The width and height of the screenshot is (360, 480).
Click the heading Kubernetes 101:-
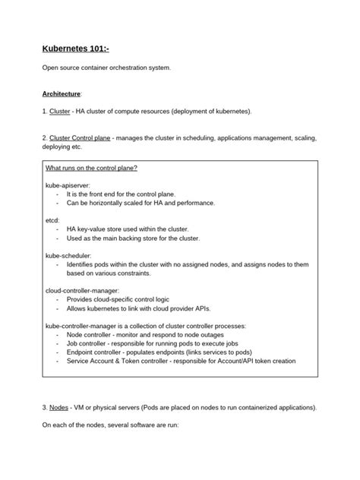81,50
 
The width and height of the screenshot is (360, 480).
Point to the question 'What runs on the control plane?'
91,167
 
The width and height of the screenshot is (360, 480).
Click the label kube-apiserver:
68,185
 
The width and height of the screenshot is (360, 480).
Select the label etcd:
52,219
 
